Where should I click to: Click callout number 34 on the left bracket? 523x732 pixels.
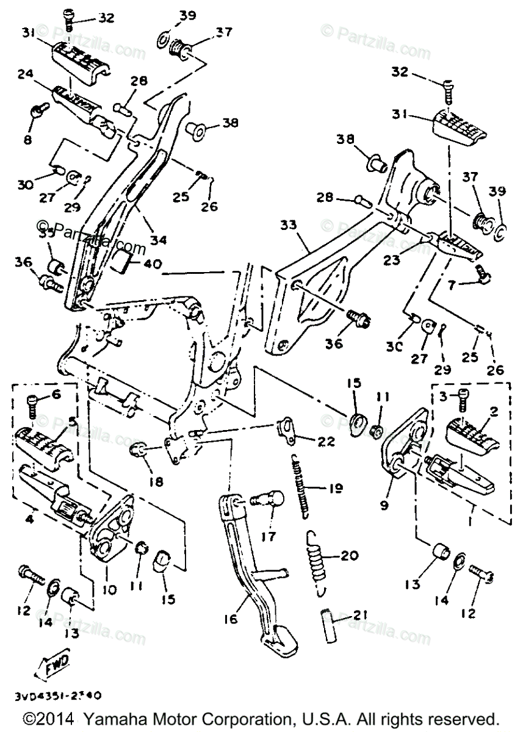(159, 240)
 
